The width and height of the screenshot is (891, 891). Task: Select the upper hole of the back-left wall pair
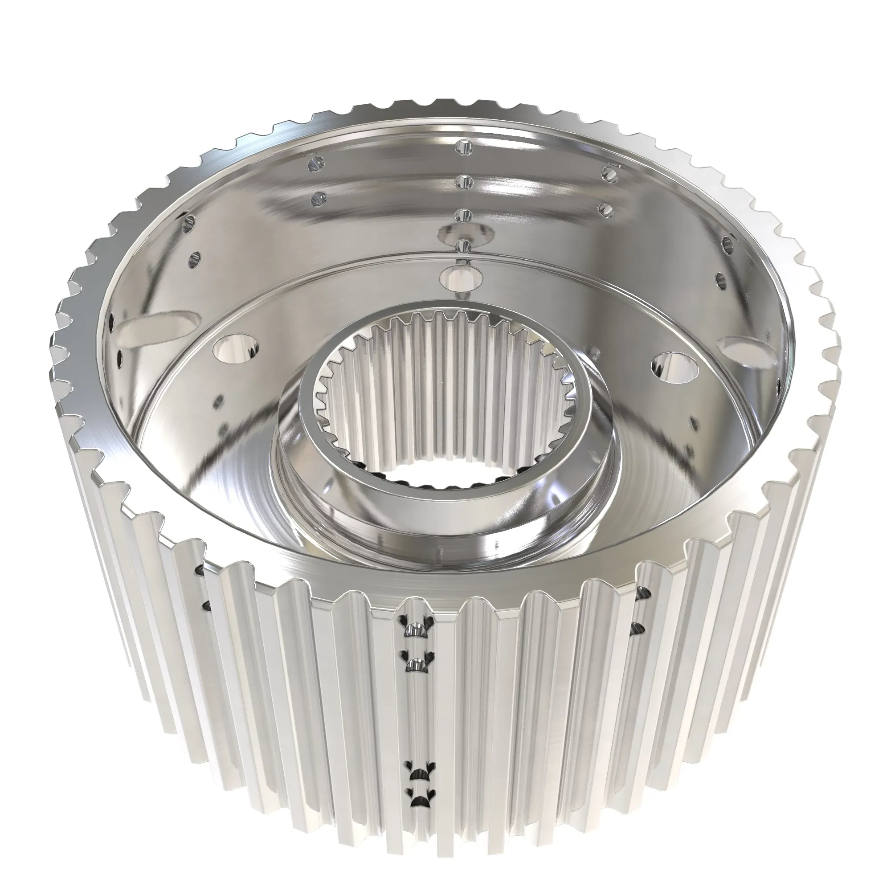coord(315,163)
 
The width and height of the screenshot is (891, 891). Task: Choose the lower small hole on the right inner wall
coord(718,280)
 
